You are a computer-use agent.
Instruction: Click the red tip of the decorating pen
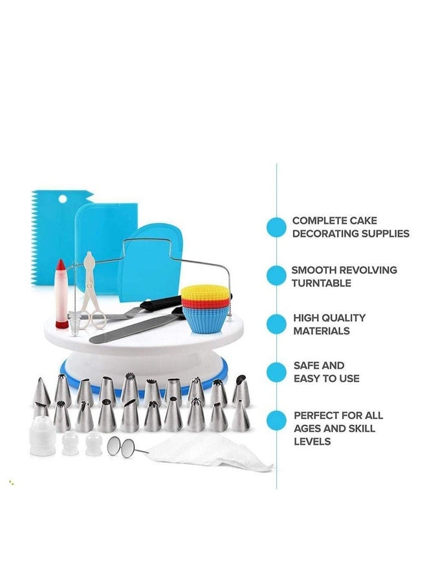click(61, 265)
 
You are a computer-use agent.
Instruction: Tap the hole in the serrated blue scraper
click(62, 199)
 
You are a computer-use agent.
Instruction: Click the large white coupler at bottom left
click(42, 436)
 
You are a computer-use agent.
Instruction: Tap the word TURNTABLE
click(322, 283)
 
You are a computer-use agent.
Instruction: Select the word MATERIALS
click(322, 330)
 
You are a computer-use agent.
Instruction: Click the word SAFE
click(305, 365)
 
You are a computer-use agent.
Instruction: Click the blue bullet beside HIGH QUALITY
click(277, 324)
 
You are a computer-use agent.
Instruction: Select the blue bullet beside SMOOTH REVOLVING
click(277, 275)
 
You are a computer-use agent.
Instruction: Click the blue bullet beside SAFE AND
click(277, 372)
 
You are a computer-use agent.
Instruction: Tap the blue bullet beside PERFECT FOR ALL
click(277, 420)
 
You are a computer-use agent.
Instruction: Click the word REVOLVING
click(368, 270)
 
